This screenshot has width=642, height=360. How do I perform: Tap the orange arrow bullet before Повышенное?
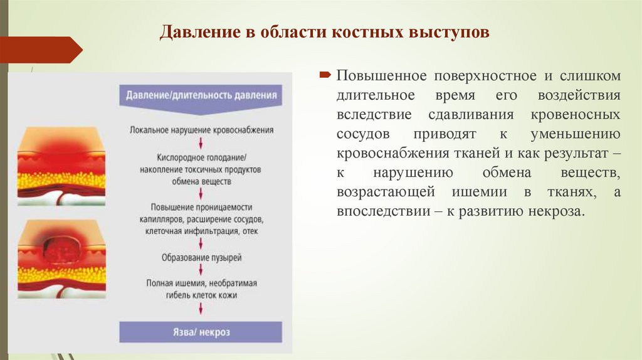(x=327, y=76)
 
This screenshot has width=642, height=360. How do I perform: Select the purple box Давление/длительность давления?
(x=201, y=97)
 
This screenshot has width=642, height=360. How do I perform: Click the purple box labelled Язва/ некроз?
(x=201, y=332)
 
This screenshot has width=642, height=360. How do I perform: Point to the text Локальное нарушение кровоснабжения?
(x=201, y=130)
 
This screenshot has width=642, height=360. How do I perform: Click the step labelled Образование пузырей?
(x=201, y=257)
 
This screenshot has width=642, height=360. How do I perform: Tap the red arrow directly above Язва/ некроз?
(x=201, y=309)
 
